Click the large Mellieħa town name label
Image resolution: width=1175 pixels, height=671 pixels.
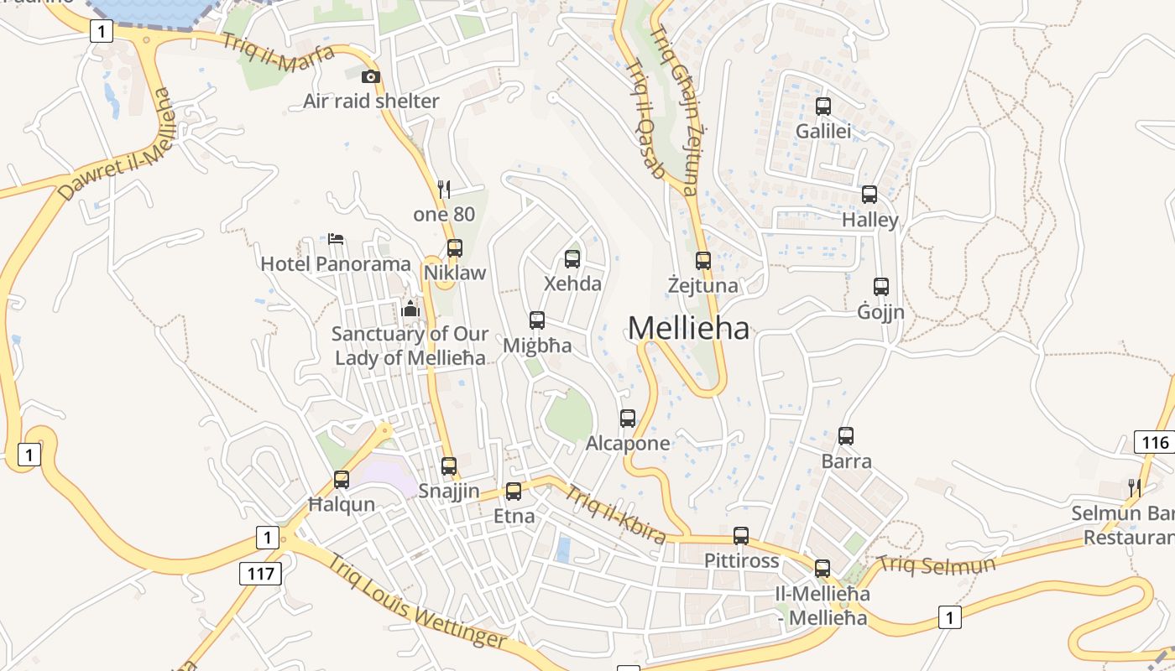(x=688, y=328)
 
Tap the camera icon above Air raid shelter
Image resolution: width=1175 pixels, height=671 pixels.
(x=370, y=77)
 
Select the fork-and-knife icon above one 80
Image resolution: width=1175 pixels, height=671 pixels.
(x=444, y=190)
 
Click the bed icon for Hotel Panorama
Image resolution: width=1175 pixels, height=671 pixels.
(x=336, y=239)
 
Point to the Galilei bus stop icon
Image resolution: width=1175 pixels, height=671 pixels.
(x=823, y=107)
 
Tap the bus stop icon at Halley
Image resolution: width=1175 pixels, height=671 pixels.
(x=869, y=195)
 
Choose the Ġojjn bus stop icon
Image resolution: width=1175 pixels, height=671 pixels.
(x=881, y=287)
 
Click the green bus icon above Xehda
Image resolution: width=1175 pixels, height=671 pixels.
(x=572, y=258)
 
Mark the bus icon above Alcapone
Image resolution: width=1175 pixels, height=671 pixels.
(x=628, y=418)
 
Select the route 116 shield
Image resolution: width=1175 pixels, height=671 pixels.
(x=1155, y=442)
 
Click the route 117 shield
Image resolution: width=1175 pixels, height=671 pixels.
(x=261, y=574)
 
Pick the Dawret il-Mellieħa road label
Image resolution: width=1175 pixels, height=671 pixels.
(x=117, y=144)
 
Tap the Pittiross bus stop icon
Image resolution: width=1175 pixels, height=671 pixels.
(x=741, y=536)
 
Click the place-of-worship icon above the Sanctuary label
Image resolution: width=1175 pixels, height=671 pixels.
(x=410, y=309)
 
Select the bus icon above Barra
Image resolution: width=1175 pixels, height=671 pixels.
(x=846, y=436)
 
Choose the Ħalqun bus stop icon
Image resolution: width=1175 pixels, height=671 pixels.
(x=342, y=480)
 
